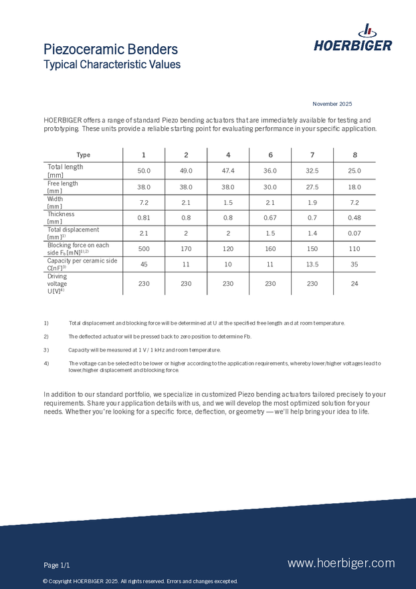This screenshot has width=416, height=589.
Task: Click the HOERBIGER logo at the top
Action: (352, 39)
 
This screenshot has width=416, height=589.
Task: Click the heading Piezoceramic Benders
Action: (110, 50)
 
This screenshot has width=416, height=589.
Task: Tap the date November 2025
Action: (332, 104)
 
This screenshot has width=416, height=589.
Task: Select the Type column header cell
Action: (83, 155)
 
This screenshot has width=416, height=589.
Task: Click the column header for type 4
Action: (228, 155)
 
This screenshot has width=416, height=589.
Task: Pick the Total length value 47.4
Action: (228, 171)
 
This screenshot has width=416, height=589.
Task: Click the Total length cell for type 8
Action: (354, 171)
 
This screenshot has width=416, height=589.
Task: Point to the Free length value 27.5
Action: (312, 187)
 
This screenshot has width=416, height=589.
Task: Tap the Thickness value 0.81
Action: (144, 218)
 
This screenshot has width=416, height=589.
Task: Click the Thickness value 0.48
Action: (354, 218)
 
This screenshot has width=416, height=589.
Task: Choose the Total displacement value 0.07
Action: (354, 234)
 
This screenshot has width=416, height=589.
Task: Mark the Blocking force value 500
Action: (144, 249)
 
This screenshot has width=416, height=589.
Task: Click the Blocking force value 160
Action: (270, 249)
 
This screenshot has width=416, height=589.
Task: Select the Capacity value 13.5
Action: (312, 264)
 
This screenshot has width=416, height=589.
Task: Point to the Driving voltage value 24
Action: (354, 283)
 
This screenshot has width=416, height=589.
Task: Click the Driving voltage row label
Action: (58, 284)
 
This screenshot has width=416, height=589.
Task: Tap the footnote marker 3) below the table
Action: (46, 350)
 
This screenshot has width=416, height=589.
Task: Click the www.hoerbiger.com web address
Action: (341, 564)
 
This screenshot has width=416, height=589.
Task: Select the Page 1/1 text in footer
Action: (57, 566)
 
